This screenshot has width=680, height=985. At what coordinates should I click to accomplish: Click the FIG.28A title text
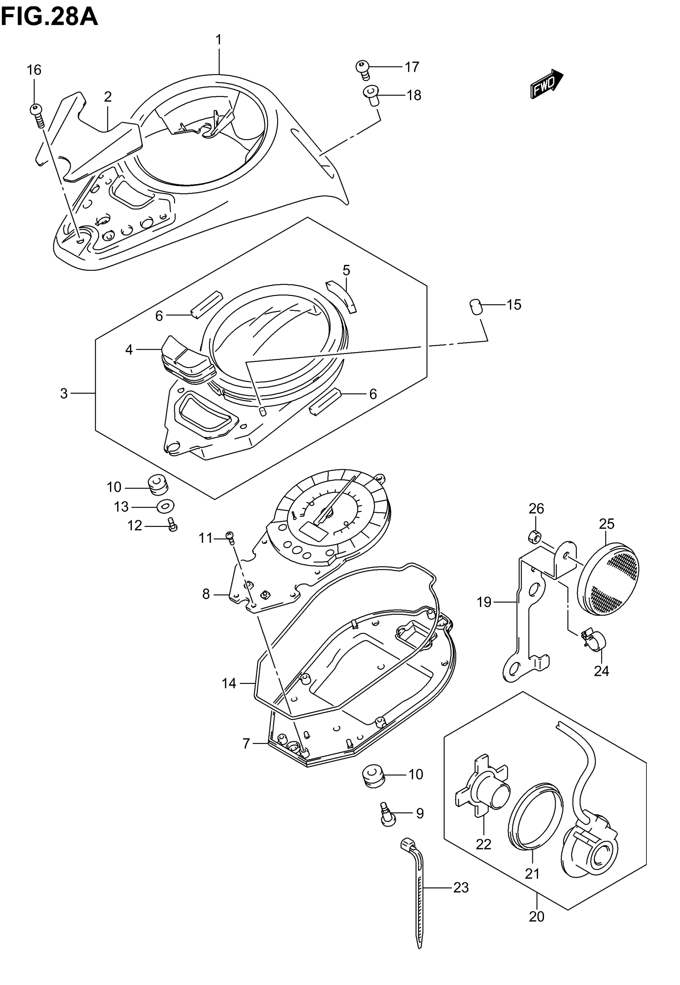50,18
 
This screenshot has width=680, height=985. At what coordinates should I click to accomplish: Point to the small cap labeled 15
475,306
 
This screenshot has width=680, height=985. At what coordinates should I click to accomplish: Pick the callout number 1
218,40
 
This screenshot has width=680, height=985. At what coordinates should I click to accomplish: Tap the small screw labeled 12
172,525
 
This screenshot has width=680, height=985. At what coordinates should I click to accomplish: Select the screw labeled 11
230,537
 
